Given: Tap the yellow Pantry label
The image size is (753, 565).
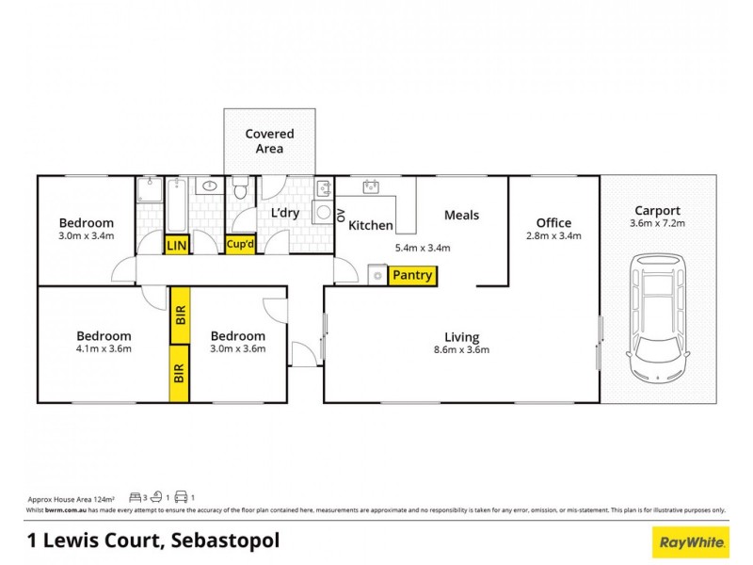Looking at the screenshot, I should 412,276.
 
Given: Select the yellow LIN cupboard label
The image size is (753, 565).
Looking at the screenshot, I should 176,246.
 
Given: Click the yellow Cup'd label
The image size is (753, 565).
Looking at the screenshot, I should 239,246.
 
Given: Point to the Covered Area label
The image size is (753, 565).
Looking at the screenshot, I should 269,141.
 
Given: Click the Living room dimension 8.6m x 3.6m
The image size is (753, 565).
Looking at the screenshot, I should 461,349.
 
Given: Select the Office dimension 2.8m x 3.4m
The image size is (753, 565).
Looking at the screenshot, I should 553,236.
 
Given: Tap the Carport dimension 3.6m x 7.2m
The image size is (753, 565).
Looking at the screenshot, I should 658,224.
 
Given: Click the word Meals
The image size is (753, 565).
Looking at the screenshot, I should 461,215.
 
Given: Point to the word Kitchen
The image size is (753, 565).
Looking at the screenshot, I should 371,226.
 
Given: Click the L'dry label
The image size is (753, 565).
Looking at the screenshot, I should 284,213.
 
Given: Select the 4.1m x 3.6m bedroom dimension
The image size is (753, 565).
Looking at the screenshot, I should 104,348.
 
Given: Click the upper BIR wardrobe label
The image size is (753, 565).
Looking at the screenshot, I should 178,315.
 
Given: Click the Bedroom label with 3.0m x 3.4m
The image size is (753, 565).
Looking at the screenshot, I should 86,223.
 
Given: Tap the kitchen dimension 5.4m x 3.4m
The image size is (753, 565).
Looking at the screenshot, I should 423,249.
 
